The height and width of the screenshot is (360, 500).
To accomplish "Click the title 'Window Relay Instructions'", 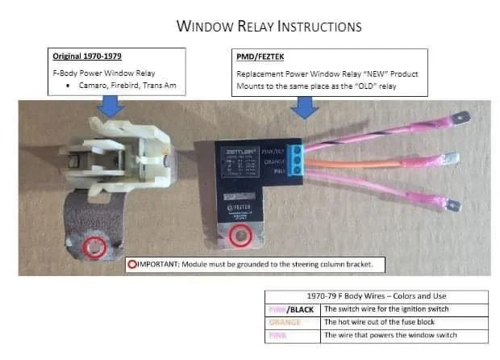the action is pos(269,27).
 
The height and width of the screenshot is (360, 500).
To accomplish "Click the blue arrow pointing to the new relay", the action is pos(304,107).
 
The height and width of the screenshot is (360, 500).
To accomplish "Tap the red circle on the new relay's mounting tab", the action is pos(238,237).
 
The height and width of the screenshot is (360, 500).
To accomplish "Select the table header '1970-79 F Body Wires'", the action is pos(376,296).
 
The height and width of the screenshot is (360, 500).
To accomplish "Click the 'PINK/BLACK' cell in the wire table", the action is pos(293,308).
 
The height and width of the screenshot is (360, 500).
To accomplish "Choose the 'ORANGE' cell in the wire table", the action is pos(293,321).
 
